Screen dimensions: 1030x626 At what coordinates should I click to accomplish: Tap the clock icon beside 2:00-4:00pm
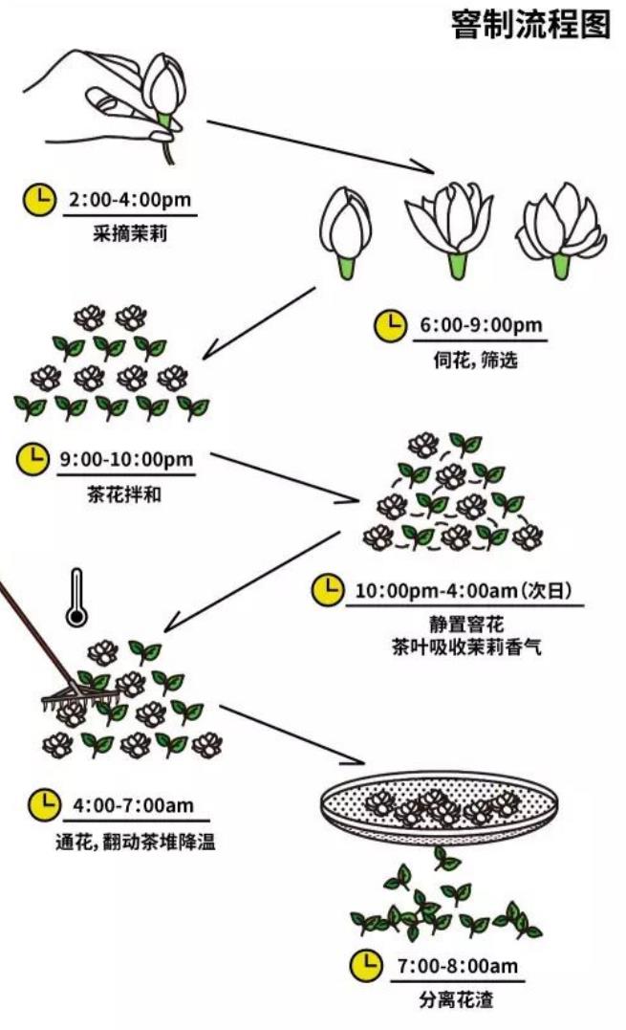point(39,200)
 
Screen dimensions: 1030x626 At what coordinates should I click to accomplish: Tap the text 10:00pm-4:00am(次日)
point(468,590)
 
